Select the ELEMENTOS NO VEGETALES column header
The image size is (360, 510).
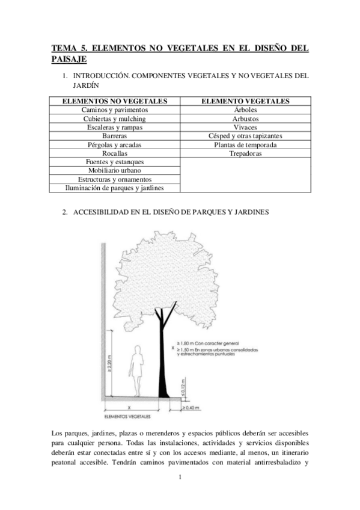pyautogui.click(x=115, y=101)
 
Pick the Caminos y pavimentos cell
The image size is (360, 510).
pyautogui.click(x=115, y=110)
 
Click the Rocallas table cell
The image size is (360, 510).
pyautogui.click(x=115, y=153)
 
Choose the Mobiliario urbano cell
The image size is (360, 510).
pyautogui.click(x=115, y=171)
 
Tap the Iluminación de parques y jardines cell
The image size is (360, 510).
pyautogui.click(x=115, y=188)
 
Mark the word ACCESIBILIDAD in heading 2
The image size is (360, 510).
pyautogui.click(x=105, y=212)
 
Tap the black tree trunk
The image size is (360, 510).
pyautogui.click(x=162, y=361)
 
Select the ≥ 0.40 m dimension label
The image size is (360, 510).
pyautogui.click(x=192, y=408)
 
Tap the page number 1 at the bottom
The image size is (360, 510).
pyautogui.click(x=180, y=478)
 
